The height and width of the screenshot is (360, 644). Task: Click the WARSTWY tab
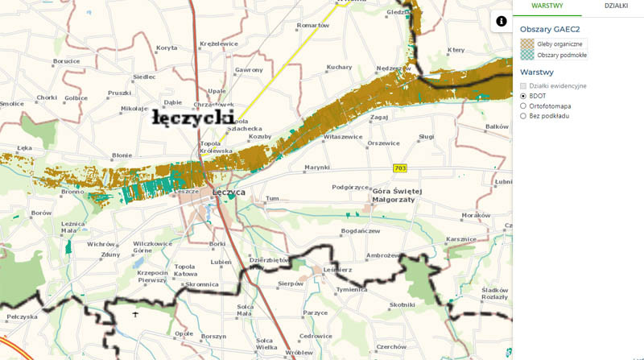547,6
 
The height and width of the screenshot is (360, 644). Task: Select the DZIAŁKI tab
616,6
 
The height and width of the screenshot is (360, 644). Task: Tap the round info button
501,21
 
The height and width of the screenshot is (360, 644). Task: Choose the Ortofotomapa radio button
523,105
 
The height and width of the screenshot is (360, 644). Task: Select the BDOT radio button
523,95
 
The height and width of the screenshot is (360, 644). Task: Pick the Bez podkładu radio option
523,115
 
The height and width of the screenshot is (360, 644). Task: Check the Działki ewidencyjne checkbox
523,85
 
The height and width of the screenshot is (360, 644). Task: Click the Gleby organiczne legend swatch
527,43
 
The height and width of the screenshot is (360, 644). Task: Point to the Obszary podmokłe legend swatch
527,55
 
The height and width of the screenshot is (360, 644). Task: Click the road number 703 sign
400,168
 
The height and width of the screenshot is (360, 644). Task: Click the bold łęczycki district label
193,118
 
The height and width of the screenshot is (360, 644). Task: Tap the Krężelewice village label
219,43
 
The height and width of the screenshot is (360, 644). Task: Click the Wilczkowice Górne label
153,246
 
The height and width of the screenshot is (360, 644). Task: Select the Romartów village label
313,25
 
